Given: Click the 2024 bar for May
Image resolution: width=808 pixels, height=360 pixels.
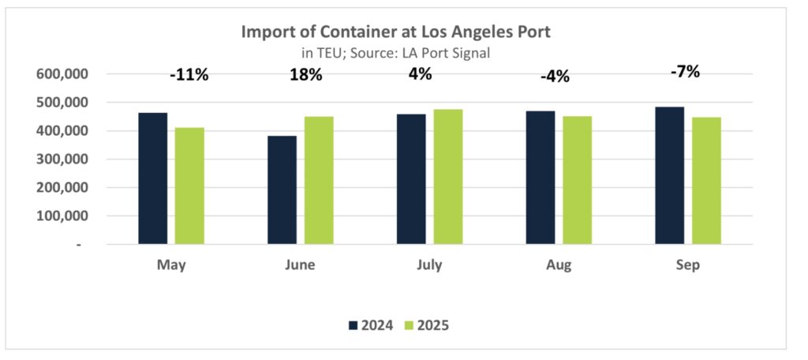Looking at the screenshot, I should [x=152, y=178].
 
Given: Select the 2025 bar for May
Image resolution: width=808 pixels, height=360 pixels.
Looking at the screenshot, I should [x=189, y=186].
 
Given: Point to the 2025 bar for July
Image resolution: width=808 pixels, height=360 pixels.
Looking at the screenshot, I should [x=447, y=177].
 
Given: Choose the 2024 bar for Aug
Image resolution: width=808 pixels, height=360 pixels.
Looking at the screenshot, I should [x=540, y=178].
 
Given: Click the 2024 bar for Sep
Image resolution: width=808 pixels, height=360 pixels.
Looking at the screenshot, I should [x=669, y=175].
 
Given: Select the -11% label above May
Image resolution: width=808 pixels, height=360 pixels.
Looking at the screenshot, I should [x=189, y=76].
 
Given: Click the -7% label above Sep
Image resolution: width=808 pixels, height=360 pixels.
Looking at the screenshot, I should [x=686, y=72].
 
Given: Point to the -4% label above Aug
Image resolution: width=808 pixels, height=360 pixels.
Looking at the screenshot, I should [x=555, y=77].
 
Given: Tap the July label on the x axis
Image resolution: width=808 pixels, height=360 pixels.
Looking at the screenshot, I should [x=430, y=265].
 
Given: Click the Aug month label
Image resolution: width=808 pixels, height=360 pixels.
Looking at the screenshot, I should [x=559, y=265].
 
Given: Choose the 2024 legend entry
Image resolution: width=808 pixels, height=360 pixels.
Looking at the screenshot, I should [x=370, y=324].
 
